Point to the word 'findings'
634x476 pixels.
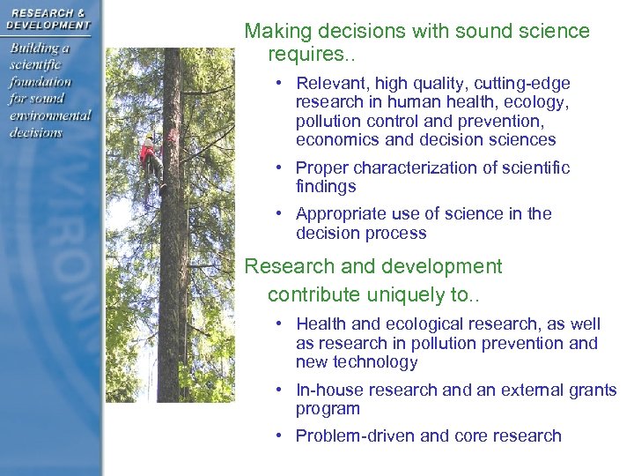(326, 186)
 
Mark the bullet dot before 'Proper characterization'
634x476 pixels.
(277, 167)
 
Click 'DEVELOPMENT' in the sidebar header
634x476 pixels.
(48, 25)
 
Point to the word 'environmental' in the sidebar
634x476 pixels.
(51, 115)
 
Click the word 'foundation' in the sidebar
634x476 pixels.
(41, 81)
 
